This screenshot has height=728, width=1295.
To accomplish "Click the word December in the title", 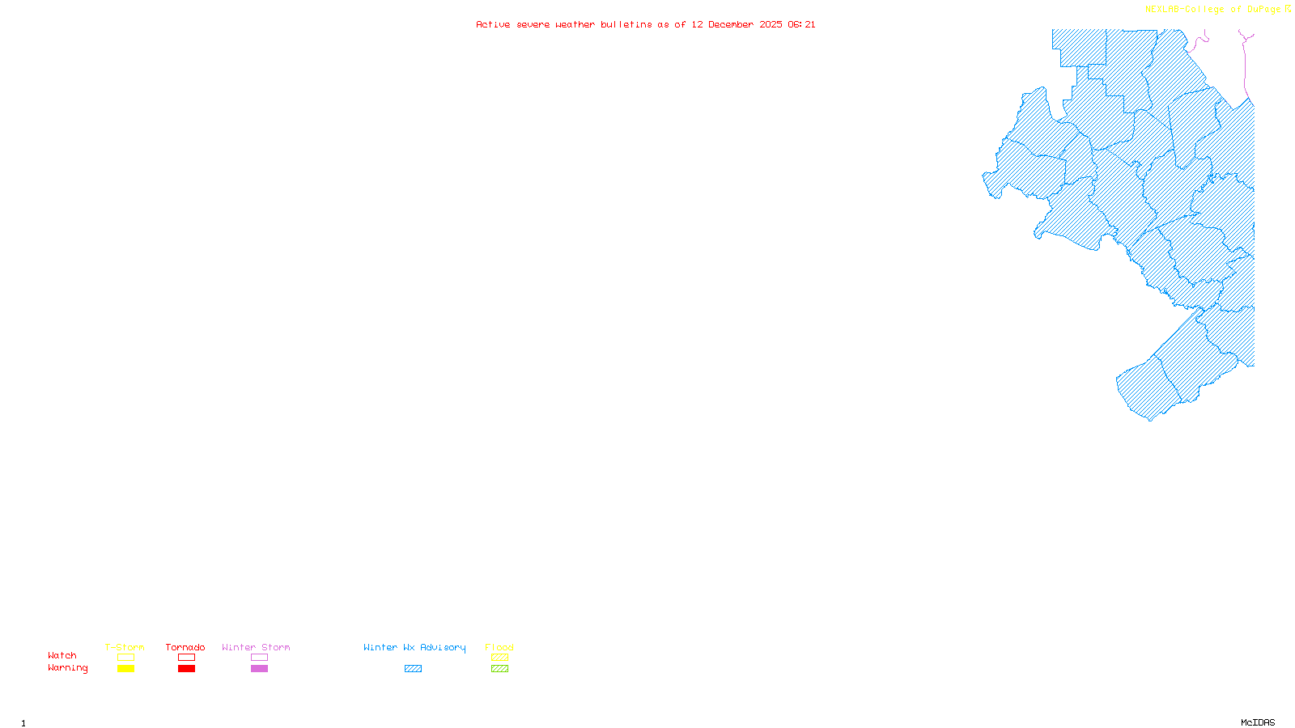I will tap(731, 25).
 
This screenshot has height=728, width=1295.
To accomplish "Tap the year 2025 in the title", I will tap(771, 25).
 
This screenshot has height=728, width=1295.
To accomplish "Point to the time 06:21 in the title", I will tap(801, 25).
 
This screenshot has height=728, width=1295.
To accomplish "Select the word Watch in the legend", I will tap(62, 656).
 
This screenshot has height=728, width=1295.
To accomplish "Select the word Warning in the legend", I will tap(68, 668).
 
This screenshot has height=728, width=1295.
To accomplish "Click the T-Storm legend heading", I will tap(125, 647).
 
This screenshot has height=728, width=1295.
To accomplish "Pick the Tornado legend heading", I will tap(185, 647).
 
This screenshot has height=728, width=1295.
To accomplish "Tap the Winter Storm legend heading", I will tap(256, 647).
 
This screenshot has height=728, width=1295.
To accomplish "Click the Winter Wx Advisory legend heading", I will tap(414, 647).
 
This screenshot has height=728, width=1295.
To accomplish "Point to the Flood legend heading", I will tap(499, 647).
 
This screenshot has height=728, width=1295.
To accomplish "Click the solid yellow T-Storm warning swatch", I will tap(125, 669).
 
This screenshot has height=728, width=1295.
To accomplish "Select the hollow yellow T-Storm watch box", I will tap(125, 658).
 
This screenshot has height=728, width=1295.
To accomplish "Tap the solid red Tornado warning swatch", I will tap(187, 669).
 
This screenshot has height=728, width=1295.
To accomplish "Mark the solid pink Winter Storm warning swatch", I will tap(259, 669).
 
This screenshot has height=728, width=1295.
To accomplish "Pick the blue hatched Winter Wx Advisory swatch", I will tap(413, 669).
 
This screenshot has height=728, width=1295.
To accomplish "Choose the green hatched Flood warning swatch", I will tap(500, 669).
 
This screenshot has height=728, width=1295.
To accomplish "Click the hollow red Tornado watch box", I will tap(187, 658).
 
